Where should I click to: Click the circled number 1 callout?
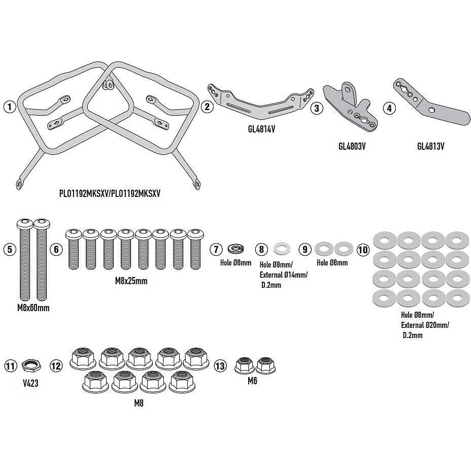click(10, 107)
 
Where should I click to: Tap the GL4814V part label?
click(261, 129)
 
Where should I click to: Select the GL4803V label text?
click(352, 146)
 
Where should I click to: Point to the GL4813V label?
click(431, 146)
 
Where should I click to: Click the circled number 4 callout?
click(390, 108)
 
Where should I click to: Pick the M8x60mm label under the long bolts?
click(33, 308)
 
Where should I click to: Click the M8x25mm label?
click(131, 281)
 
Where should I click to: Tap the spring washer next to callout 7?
click(236, 249)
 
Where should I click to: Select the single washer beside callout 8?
click(282, 248)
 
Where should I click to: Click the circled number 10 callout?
click(363, 250)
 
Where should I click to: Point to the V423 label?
click(30, 383)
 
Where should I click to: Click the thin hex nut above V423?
click(31, 365)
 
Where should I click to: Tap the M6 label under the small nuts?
click(252, 381)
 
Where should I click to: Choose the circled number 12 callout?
click(56, 366)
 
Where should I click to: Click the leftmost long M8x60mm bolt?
click(25, 260)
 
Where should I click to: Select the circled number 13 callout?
click(220, 366)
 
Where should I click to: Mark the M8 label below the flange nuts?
click(139, 403)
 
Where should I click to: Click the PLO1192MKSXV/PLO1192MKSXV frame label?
click(110, 193)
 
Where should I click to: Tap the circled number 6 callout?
click(56, 249)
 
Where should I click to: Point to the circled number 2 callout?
click(207, 107)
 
